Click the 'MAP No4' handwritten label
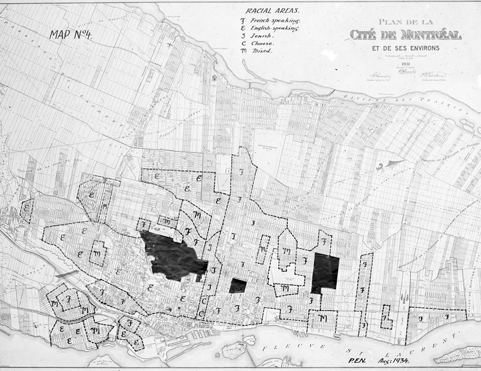(71, 34)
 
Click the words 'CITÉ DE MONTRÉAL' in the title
(406, 35)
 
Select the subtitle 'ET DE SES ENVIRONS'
(406, 48)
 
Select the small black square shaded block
(238, 286)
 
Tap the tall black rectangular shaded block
(325, 273)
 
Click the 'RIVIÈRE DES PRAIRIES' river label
(425, 105)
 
